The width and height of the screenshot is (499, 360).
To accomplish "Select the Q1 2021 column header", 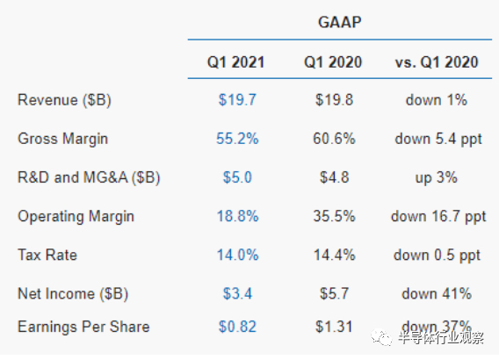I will coord(236,61).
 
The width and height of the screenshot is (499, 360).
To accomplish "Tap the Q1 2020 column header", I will coord(334,61).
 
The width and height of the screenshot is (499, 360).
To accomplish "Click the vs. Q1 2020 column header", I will coord(437,61).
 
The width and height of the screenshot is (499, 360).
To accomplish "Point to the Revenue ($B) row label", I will coord(66,99).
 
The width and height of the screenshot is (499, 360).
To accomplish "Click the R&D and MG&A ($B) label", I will coord(90,176).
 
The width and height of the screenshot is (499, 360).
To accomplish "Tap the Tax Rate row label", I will coord(46,255).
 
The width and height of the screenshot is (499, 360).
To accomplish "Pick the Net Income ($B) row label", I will coord(72,292).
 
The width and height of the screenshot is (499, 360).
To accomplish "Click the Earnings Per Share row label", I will coord(83,327).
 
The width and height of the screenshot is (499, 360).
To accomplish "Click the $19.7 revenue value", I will coord(236,99).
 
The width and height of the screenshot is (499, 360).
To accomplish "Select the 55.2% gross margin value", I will coord(236,138).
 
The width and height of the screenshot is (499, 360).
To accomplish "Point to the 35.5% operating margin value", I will coord(334,215).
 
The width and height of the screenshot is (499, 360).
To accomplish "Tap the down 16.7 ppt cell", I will coord(437,215).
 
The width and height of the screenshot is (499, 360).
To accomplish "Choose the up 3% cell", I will coord(437,176).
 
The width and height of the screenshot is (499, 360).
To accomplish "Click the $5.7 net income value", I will coord(334,292).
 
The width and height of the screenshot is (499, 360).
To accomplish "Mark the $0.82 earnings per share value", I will coord(236,327).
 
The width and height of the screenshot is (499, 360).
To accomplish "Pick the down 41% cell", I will coord(437,292).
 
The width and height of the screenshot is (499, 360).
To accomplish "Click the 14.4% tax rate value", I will coord(334,255).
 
